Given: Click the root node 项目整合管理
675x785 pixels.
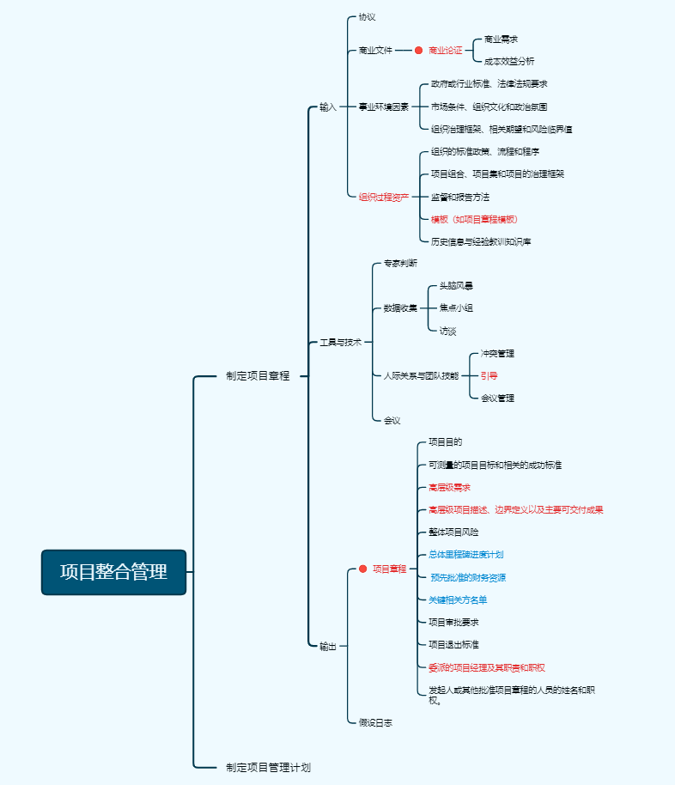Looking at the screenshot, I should tap(113, 572).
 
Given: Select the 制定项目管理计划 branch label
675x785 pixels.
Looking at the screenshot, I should tap(268, 767).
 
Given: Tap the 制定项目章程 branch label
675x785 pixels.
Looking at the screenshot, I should tap(258, 375).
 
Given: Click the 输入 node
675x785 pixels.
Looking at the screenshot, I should tap(328, 107).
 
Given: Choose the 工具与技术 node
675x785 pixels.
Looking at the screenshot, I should tap(341, 343).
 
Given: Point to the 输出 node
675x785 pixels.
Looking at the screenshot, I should tap(328, 647).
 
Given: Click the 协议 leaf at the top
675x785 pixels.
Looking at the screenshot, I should tap(367, 17).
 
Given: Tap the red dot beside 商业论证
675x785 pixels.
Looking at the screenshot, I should tap(419, 51).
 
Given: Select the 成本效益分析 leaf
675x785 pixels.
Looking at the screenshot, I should tap(509, 62).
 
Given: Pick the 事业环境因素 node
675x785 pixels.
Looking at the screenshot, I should tap(383, 107).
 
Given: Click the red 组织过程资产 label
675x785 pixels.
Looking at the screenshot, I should tap(383, 197).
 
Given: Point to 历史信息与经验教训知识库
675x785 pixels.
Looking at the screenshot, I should tap(481, 242).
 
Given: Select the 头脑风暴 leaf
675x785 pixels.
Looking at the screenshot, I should tap(456, 286).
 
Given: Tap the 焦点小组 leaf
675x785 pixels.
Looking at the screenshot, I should tap(456, 308).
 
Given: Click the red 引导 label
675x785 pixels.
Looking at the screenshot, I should tap(489, 375).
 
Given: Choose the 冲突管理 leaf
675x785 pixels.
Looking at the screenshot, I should tap(497, 353).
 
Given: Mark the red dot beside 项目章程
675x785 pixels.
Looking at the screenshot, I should tap(362, 569).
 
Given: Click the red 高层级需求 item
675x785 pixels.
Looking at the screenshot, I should tap(449, 488).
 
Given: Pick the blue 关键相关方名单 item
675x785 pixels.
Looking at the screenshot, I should tap(458, 599).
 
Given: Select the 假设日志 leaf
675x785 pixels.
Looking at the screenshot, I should tap(375, 723).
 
